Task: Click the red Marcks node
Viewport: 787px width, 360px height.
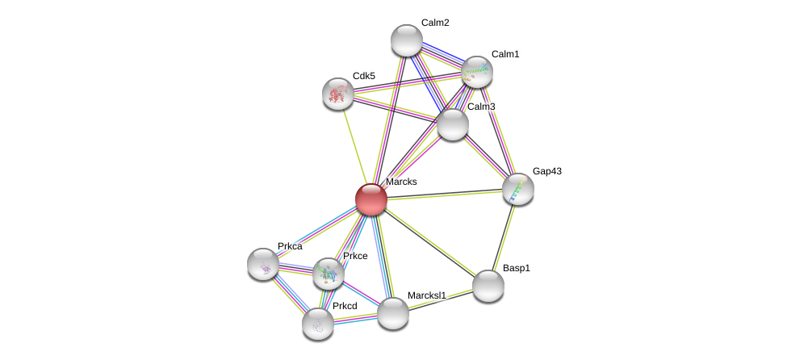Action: [371, 199]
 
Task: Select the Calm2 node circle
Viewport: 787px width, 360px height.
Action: [407, 40]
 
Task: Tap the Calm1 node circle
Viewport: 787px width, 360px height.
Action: [477, 72]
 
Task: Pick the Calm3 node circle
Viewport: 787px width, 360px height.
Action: [453, 124]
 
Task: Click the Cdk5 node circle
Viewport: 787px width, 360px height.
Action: [338, 94]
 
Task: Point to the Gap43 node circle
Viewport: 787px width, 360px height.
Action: [518, 189]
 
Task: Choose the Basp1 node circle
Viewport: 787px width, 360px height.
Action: [488, 286]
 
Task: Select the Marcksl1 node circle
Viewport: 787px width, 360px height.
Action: [393, 313]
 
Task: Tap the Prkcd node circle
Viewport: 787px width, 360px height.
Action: [318, 324]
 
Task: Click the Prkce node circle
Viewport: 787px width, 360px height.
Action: [329, 274]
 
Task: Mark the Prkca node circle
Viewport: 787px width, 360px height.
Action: [263, 264]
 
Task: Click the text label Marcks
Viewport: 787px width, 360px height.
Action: [401, 182]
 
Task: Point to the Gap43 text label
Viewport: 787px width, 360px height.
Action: [546, 171]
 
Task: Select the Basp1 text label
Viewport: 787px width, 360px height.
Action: [517, 268]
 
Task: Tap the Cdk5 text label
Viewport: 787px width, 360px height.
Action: [364, 76]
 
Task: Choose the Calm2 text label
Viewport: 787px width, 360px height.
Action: [435, 23]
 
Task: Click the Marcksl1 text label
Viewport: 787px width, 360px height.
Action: [426, 295]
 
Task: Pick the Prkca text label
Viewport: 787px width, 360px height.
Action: [290, 246]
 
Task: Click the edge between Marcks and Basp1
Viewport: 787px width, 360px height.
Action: [429, 242]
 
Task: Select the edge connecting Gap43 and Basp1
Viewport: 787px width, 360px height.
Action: [504, 237]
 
